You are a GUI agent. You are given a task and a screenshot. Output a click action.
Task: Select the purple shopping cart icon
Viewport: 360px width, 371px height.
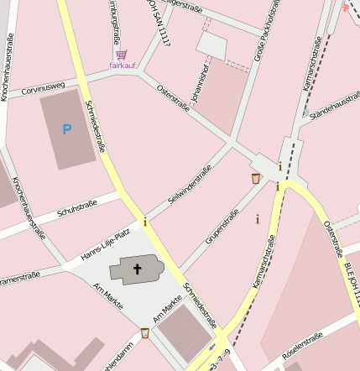[123, 55]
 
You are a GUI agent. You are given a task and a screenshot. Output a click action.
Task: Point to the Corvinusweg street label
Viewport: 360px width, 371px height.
[44, 86]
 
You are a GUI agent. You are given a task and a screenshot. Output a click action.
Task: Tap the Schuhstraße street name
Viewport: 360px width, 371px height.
[78, 209]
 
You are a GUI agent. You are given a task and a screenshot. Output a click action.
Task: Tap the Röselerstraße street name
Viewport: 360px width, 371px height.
[304, 349]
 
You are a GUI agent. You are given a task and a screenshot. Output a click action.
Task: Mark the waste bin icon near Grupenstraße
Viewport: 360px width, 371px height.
[255, 178]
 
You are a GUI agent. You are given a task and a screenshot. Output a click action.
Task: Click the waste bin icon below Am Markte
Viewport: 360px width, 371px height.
[145, 333]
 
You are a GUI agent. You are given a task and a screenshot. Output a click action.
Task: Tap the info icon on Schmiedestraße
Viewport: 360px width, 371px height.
[145, 222]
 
